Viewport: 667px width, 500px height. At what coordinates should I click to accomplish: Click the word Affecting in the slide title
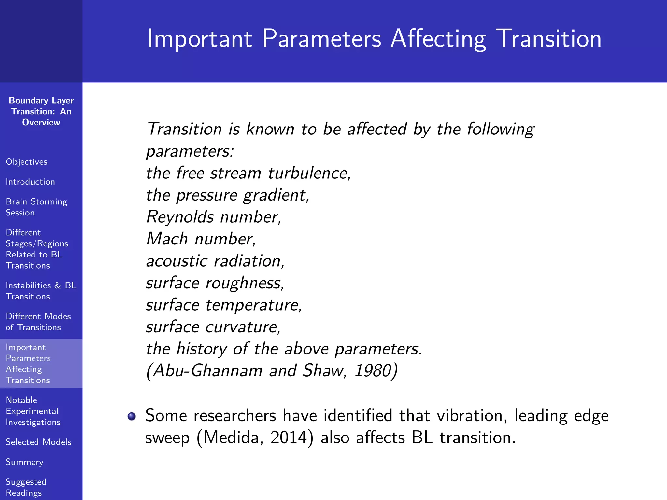(x=438, y=39)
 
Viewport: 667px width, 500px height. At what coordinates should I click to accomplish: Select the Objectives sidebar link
(x=26, y=162)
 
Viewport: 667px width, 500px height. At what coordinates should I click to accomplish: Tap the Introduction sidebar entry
(x=30, y=182)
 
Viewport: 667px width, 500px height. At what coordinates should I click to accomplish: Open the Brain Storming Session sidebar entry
(x=36, y=207)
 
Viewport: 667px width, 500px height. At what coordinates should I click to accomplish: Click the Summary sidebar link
(x=24, y=462)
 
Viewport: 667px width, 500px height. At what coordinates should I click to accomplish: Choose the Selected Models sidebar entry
(x=38, y=442)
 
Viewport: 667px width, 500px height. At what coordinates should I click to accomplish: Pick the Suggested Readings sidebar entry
(x=26, y=487)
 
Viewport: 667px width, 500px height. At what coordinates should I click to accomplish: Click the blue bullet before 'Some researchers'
(x=132, y=416)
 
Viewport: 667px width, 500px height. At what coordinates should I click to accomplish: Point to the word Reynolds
(x=180, y=217)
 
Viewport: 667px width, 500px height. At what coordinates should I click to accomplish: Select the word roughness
(x=244, y=283)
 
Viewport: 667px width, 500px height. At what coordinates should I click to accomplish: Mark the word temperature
(x=253, y=305)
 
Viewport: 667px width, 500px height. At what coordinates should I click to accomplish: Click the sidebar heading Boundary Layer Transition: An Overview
(x=41, y=111)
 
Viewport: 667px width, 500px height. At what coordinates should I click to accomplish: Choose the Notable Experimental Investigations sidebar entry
(x=33, y=411)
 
